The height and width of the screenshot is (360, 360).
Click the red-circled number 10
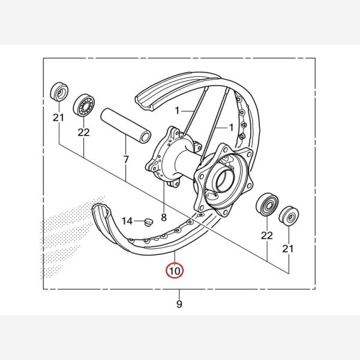point(175,271)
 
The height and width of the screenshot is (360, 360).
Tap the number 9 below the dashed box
point(179,304)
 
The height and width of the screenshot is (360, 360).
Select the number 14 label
point(127,221)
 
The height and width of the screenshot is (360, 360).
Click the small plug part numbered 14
point(149,222)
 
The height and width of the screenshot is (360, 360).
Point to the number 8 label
point(164,217)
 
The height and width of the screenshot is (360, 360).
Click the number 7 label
point(126,160)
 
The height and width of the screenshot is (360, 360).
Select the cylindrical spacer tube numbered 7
point(126,125)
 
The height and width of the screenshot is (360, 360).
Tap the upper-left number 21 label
point(59,118)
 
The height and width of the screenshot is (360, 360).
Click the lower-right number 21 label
point(288,248)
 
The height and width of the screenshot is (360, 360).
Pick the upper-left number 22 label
point(83,132)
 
